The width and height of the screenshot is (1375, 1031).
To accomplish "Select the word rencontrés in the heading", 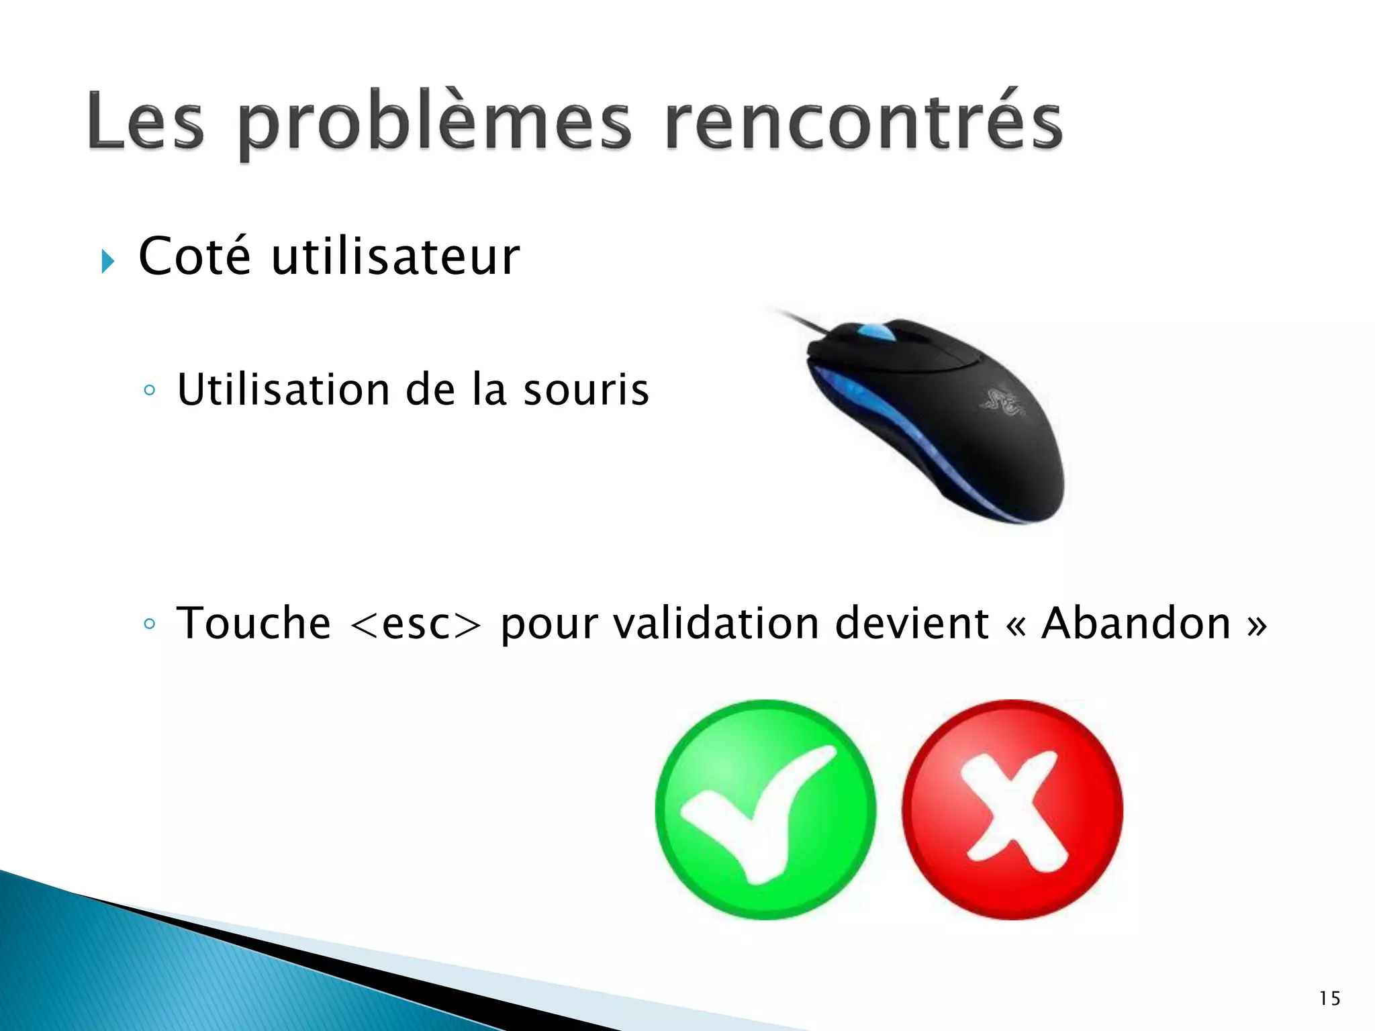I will click(863, 122).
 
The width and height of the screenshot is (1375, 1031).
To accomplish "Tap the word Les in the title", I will click(145, 122).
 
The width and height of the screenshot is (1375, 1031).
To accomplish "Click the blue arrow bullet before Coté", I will click(107, 260).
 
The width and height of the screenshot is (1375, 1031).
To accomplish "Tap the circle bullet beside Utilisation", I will click(149, 390).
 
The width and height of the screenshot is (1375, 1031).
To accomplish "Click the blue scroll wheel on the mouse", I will click(875, 332).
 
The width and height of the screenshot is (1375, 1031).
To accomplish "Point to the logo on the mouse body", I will click(1002, 401).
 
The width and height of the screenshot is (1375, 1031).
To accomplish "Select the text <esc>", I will click(416, 624).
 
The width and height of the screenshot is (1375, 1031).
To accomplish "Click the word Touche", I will click(254, 623).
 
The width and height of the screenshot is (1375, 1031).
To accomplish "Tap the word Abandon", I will click(1136, 623).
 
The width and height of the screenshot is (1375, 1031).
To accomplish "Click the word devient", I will click(912, 623).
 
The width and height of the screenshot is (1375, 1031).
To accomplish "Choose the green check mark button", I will click(765, 809).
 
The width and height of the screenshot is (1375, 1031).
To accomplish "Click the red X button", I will click(1012, 809).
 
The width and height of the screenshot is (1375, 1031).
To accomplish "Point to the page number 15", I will click(1329, 999).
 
